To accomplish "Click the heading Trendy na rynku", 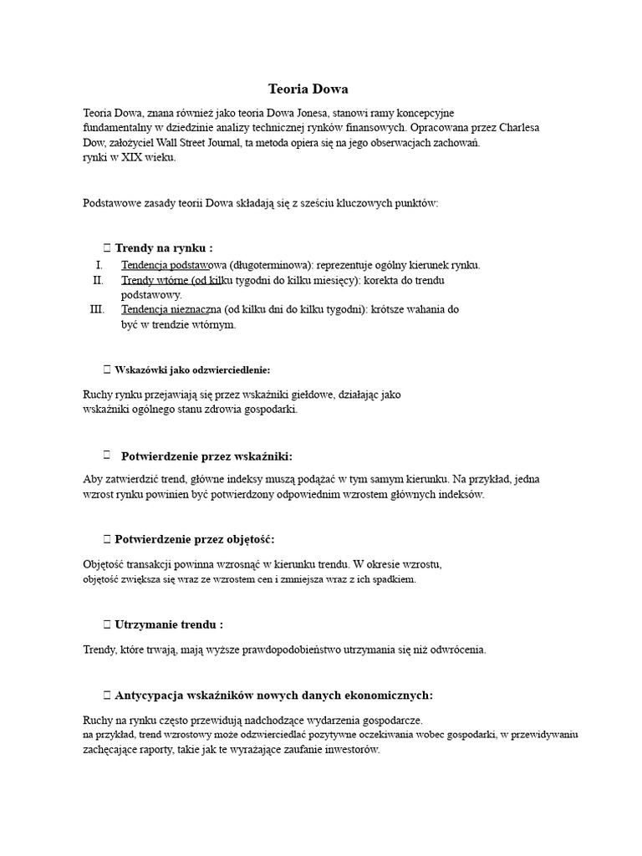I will pyautogui.click(x=163, y=248).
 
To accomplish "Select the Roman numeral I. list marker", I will pyautogui.click(x=101, y=265).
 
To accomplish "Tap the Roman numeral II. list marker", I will pyautogui.click(x=99, y=280).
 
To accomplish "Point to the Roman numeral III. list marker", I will pyautogui.click(x=97, y=309).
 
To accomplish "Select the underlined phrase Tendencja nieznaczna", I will pyautogui.click(x=171, y=309).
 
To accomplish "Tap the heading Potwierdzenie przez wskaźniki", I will pyautogui.click(x=206, y=456).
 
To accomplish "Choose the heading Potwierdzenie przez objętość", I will pyautogui.click(x=194, y=539).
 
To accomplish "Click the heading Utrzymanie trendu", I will pyautogui.click(x=168, y=624).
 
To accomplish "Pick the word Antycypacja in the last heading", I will pyautogui.click(x=150, y=695).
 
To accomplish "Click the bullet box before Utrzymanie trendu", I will pyautogui.click(x=106, y=624).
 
